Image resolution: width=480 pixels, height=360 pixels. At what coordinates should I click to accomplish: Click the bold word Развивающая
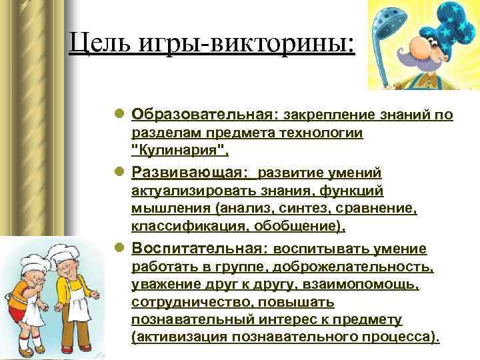189,173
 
